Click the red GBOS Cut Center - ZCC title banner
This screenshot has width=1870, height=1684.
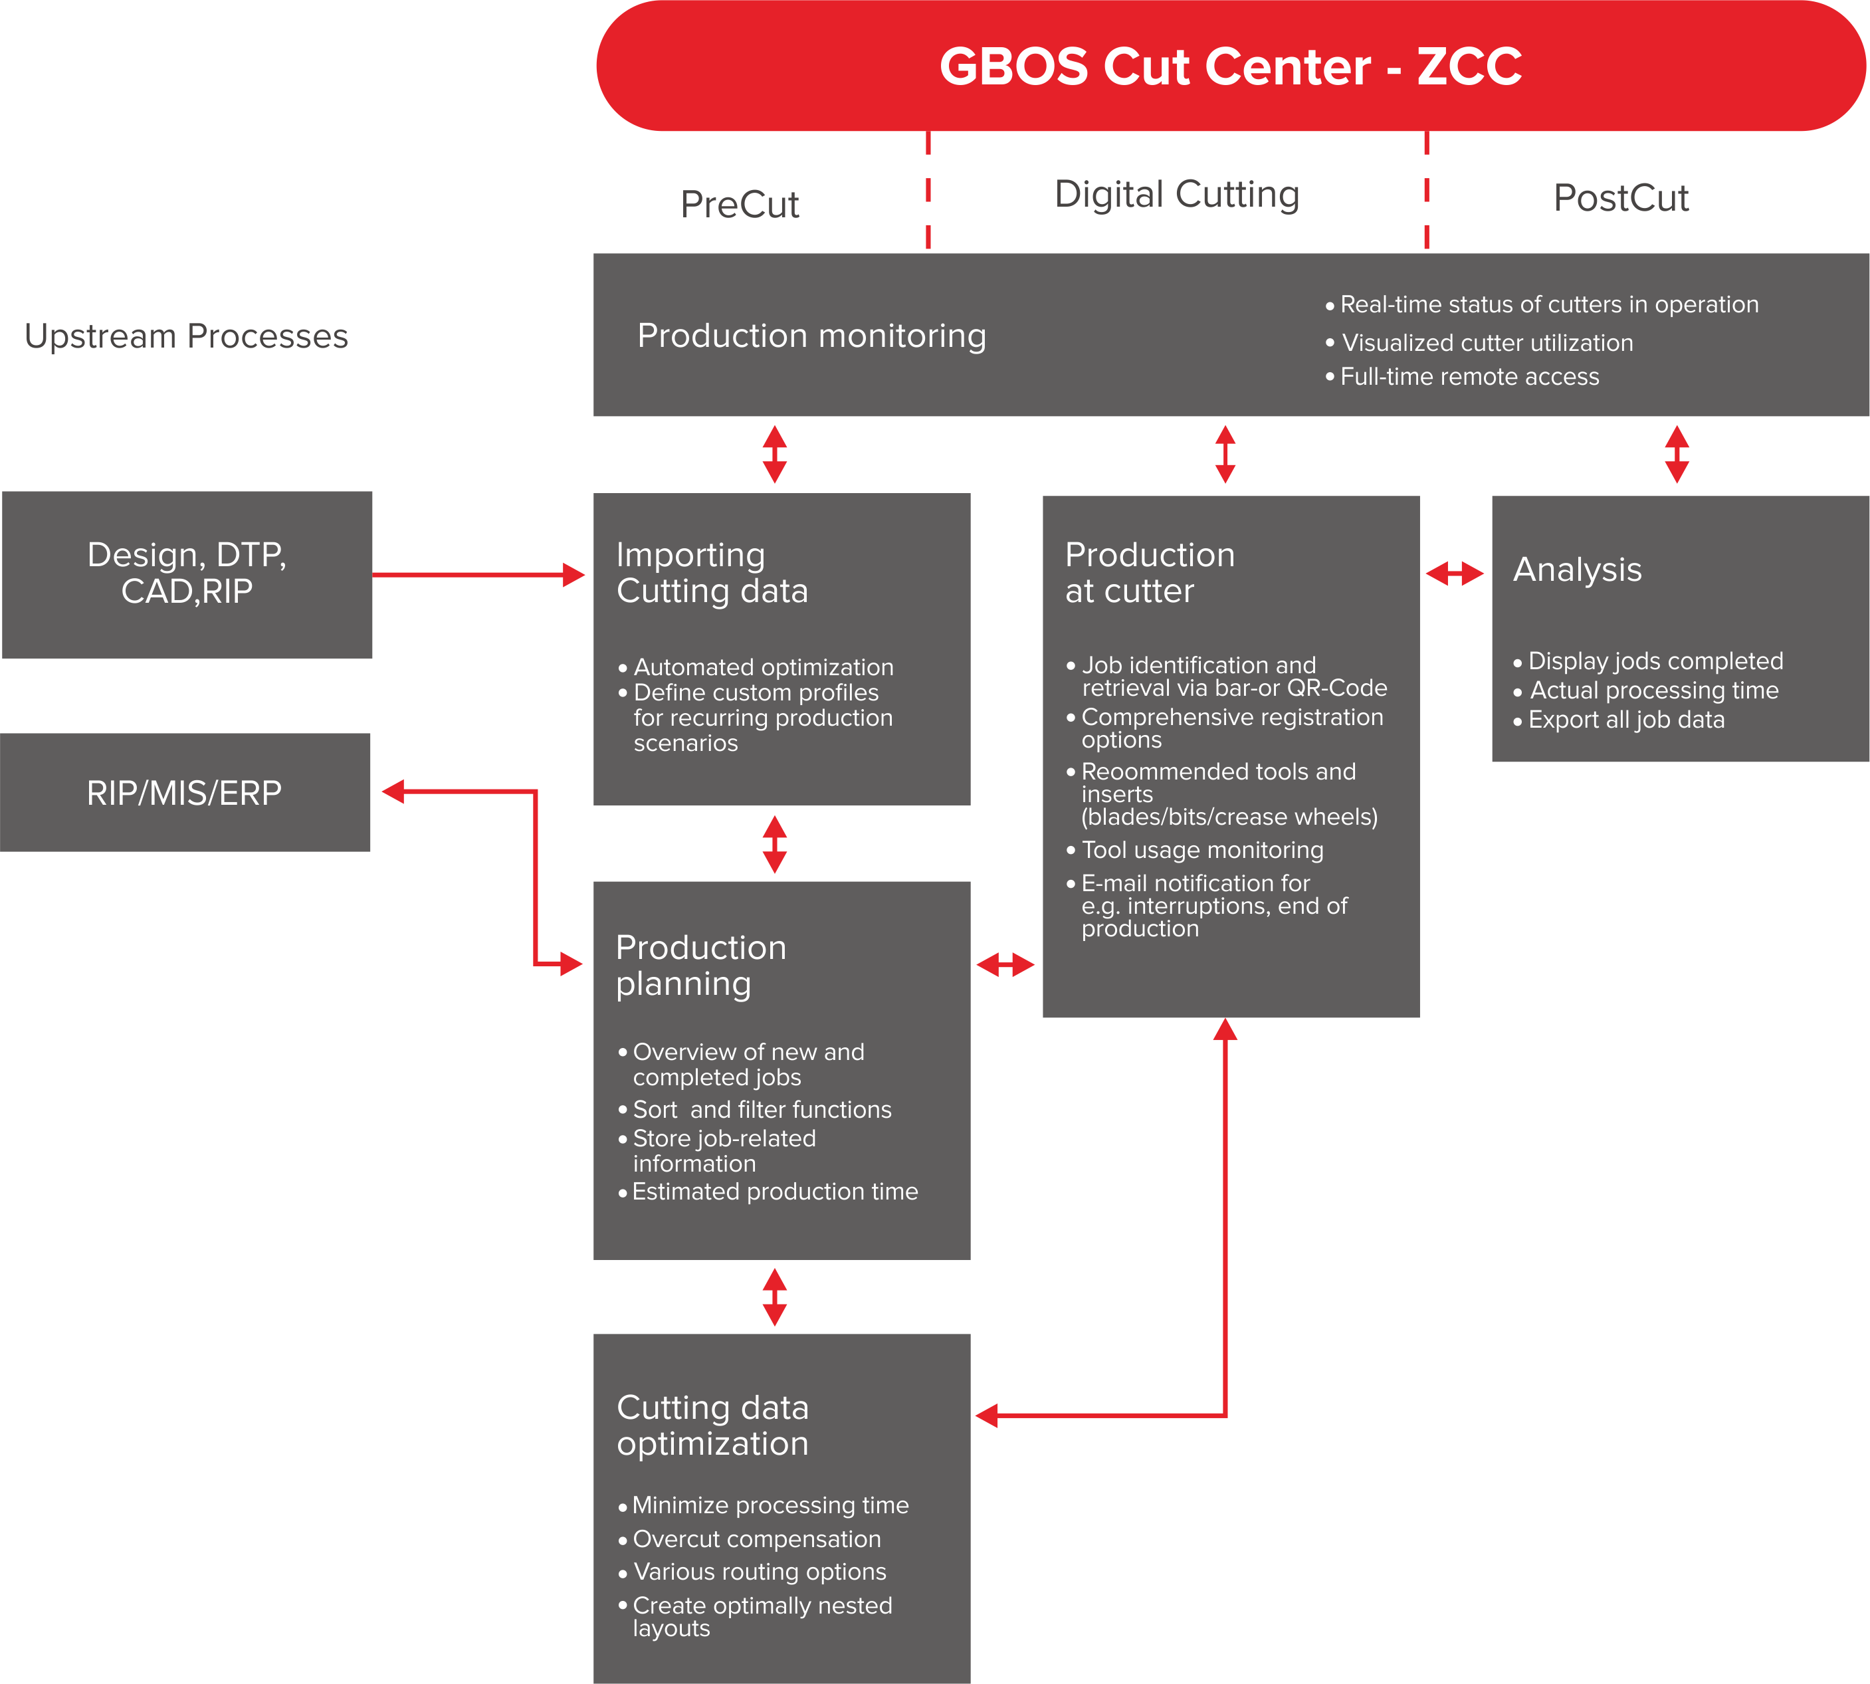(1231, 66)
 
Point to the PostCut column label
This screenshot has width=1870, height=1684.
(1621, 198)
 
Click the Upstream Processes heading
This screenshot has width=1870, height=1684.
(186, 336)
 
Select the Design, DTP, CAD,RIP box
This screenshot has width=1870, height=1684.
(187, 574)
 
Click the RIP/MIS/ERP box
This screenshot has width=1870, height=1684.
(185, 793)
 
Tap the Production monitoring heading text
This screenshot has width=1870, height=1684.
(811, 336)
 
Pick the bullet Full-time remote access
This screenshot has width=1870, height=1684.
(1469, 377)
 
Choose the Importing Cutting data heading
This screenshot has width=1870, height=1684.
(712, 573)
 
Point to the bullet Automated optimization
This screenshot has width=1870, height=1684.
(762, 667)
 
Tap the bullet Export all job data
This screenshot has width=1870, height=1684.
(1625, 720)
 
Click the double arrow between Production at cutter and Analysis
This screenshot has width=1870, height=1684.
(1455, 574)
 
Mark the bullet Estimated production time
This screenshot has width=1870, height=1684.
(774, 1192)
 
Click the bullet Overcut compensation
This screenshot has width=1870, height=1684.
(756, 1538)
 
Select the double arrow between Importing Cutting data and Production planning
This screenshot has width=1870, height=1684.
(774, 844)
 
